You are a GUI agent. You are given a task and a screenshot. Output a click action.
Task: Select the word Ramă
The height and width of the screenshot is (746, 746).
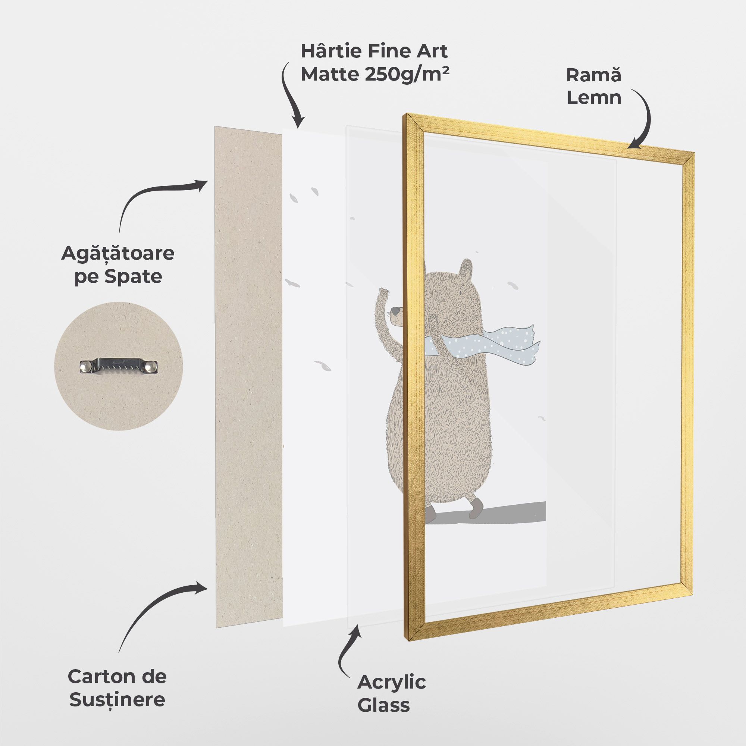click(594, 75)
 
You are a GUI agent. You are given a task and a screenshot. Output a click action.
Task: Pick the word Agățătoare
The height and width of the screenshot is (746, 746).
click(118, 254)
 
